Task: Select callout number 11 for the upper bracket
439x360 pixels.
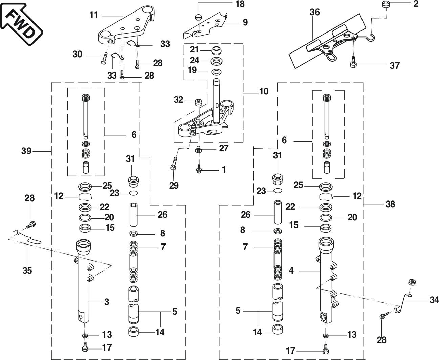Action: (x=94, y=15)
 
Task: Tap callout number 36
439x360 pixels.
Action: (x=314, y=13)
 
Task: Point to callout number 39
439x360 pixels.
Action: (x=26, y=151)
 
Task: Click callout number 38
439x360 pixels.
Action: (x=390, y=204)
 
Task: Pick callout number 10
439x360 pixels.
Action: (x=264, y=91)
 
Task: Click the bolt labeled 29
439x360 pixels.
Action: (x=174, y=164)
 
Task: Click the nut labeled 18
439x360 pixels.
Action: (x=198, y=17)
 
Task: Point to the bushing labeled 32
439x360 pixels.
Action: (x=199, y=101)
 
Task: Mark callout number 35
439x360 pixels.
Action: (x=27, y=270)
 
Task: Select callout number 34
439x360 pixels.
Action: (x=434, y=300)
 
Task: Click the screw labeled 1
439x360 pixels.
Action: (x=199, y=169)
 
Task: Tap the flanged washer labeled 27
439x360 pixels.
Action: (x=198, y=149)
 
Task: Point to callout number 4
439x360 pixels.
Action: (x=291, y=271)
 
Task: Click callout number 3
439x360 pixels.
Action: (x=107, y=302)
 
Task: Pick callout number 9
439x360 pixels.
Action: (x=245, y=22)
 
